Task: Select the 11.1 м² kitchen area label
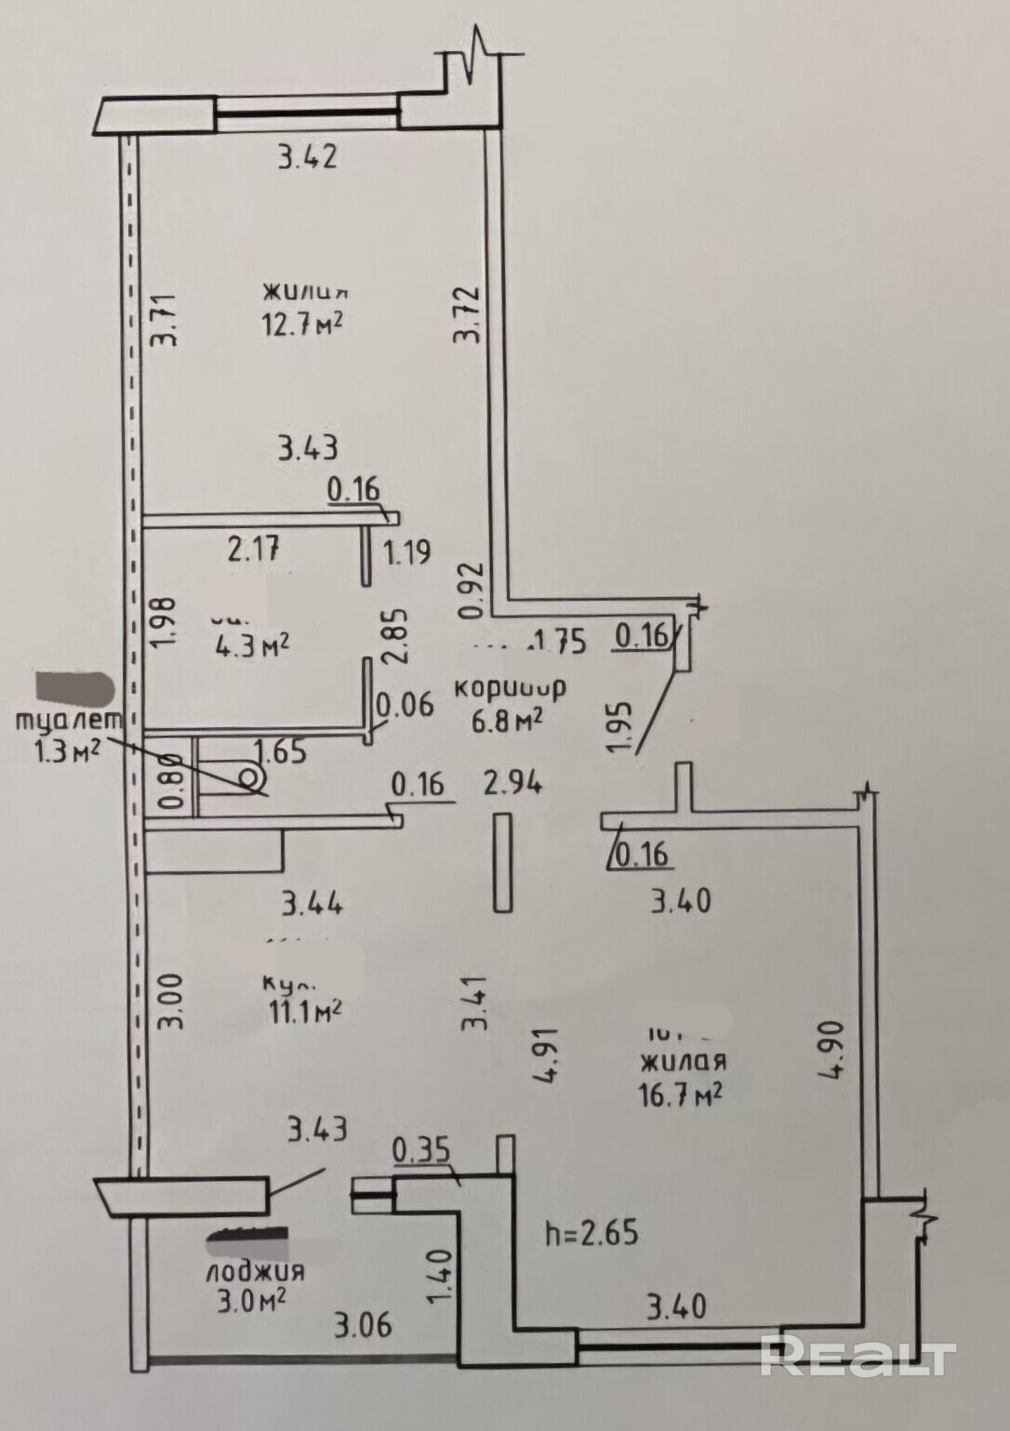301,1011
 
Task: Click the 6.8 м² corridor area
507,721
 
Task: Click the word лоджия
257,1271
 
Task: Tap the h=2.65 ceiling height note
591,1234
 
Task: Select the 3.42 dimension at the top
307,157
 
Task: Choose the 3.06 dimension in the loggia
364,1324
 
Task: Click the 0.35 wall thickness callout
421,1150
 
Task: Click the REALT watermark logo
857,1358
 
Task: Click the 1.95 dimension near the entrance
622,725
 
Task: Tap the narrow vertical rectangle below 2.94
503,862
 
